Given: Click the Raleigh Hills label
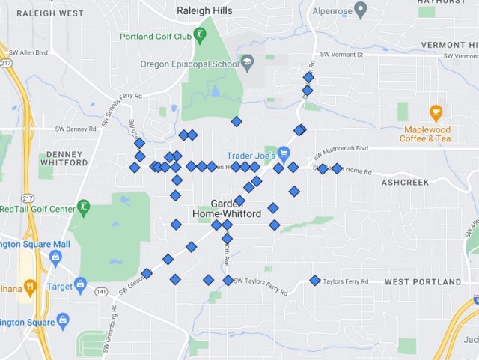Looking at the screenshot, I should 204,11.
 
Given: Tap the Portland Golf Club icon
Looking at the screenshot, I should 200,34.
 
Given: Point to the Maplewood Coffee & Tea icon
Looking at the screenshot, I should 436,114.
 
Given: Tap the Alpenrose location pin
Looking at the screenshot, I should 361,10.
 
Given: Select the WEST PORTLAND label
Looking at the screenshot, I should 423,282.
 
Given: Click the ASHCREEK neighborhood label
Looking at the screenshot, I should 405,182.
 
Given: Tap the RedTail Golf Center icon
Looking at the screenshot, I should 85,207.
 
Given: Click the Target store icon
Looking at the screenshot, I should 80,284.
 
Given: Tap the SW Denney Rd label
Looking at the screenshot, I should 76,129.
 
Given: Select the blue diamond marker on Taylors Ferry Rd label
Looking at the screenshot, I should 315,281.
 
